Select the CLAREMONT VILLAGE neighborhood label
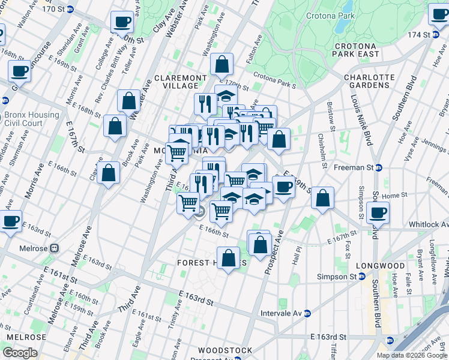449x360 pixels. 180,82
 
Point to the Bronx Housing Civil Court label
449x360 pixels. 31,119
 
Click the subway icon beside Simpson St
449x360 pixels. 361,277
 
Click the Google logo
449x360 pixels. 20,352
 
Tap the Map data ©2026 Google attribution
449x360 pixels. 412,355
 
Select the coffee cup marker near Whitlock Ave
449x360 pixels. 378,212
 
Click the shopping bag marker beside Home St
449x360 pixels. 323,198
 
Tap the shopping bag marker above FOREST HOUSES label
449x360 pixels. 229,258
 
